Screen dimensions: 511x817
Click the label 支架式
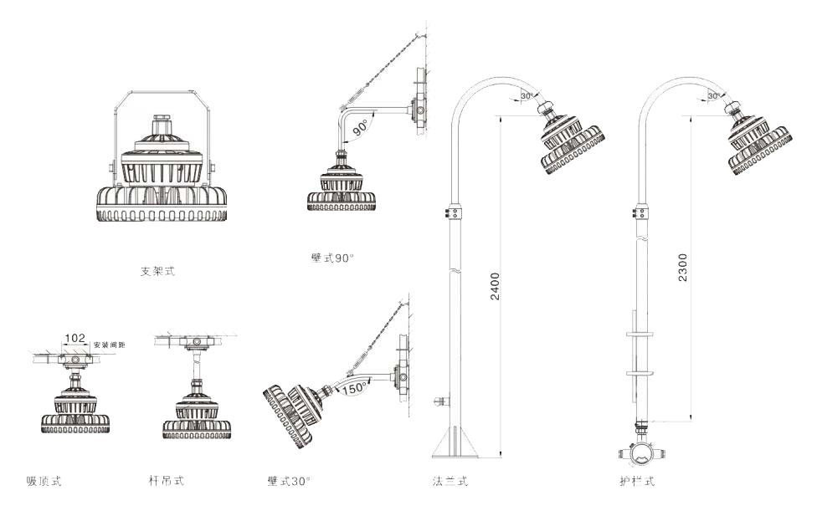tap(157, 271)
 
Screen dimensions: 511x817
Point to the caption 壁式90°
tap(332, 258)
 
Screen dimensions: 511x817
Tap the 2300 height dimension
tap(683, 267)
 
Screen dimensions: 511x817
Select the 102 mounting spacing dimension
tap(75, 338)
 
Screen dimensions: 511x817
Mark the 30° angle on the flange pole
tap(527, 96)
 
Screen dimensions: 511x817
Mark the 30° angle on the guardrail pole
tap(714, 96)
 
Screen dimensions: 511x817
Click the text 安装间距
tap(109, 345)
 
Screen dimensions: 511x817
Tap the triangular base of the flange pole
tap(455, 442)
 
